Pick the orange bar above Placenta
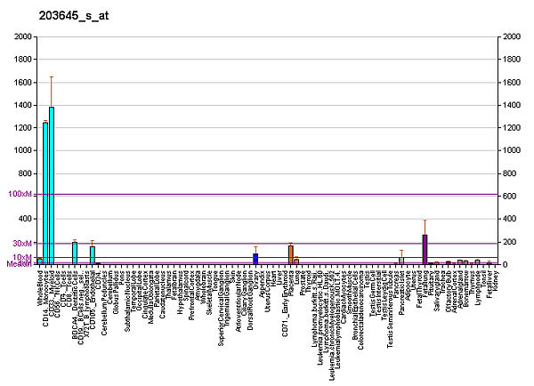pyautogui.click(x=290, y=253)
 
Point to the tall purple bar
pyautogui.click(x=425, y=249)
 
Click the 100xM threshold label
pyautogui.click(x=20, y=194)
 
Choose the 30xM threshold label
pyautogui.click(x=21, y=243)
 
